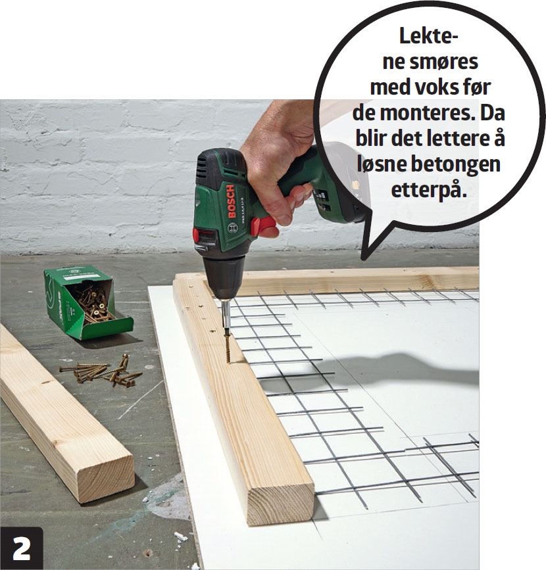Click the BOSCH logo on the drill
pos(232,201)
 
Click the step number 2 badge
pos(22,548)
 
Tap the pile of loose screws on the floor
pos(102,371)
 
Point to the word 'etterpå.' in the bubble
pos(428,191)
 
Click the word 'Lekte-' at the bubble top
pos(428,36)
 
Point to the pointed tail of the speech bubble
pos(364,258)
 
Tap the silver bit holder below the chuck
pos(226,314)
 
